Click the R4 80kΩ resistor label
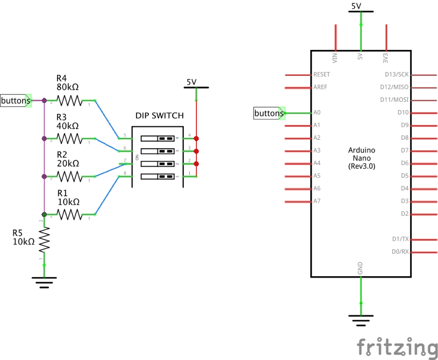coord(68,82)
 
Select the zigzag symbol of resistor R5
coord(44,239)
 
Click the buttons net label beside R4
coord(16,100)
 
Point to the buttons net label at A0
coord(268,113)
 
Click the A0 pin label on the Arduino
coord(317,113)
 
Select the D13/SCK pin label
coord(397,75)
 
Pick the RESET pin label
coord(321,75)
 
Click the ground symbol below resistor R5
coord(44,280)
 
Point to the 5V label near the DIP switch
coord(191,82)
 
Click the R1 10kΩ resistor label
coord(68,197)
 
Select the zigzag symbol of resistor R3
coord(69,139)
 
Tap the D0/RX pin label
coord(400,251)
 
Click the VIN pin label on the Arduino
coord(335,56)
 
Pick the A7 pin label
coord(317,201)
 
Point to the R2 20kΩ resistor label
coord(68,159)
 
